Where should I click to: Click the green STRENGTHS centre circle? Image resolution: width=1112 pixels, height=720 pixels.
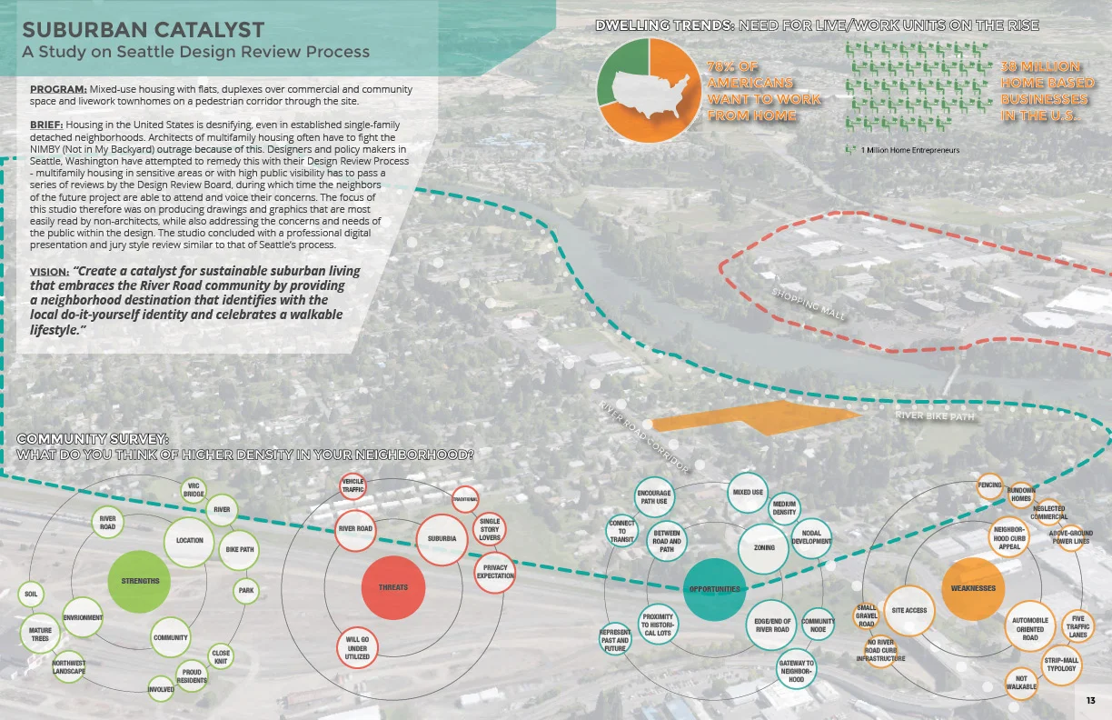[x=139, y=581]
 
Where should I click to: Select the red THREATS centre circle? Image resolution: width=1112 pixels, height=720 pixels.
[x=392, y=587]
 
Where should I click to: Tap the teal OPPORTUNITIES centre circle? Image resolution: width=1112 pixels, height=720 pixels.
[x=714, y=589]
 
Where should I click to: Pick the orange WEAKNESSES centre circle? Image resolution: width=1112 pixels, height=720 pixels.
[x=972, y=588]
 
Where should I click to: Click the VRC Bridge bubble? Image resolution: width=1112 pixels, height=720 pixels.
[x=194, y=491]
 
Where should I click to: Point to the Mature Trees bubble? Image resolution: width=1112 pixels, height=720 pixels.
[x=40, y=633]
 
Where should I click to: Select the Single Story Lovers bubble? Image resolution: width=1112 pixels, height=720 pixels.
[x=490, y=530]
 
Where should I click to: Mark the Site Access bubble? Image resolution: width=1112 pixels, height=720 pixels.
[x=909, y=610]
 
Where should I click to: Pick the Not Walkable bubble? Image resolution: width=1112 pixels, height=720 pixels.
[x=1021, y=682]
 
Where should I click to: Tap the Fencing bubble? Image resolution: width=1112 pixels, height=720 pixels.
[x=989, y=485]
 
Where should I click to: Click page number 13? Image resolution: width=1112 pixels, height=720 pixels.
[x=1090, y=700]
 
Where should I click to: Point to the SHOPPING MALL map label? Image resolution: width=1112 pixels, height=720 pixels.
[x=809, y=305]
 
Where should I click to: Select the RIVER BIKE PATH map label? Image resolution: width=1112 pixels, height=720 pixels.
[x=935, y=416]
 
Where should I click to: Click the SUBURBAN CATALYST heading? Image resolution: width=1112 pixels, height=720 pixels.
[x=143, y=31]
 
